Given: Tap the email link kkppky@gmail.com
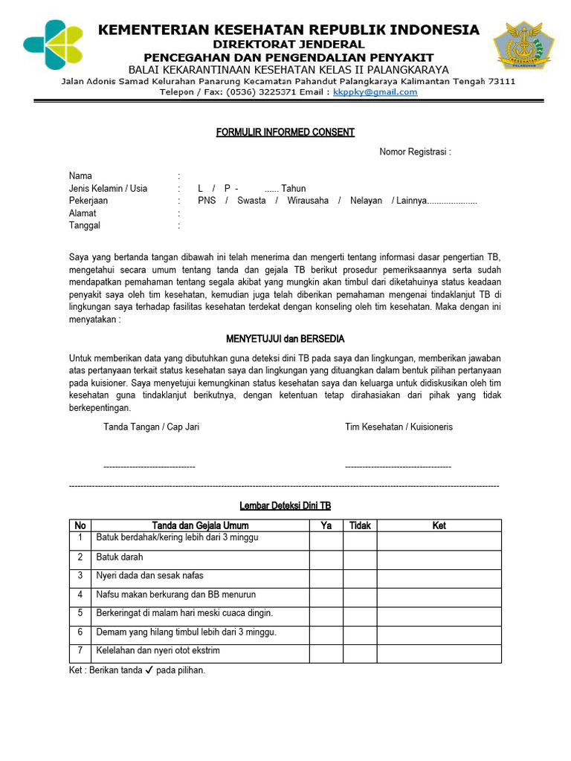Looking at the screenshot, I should click(x=375, y=92).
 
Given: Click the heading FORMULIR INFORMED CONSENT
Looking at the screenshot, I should click(x=285, y=132).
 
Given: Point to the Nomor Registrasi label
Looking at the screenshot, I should click(x=415, y=152).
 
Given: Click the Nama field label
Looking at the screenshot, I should click(x=80, y=176).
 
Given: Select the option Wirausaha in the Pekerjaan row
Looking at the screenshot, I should click(x=308, y=201).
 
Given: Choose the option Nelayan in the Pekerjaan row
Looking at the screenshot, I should click(x=366, y=201).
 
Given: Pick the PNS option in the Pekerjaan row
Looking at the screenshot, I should click(x=207, y=201).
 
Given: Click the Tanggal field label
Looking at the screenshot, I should click(x=85, y=226).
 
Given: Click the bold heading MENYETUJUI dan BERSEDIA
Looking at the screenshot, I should click(x=285, y=339).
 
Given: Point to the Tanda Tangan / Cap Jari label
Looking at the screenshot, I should click(x=151, y=427).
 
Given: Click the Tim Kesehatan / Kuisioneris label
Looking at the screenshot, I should click(x=399, y=427).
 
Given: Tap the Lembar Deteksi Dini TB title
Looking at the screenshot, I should click(x=285, y=506).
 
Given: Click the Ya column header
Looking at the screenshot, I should click(x=326, y=525).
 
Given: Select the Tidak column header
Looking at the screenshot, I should click(x=360, y=525).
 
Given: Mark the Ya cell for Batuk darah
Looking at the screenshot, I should click(x=326, y=559).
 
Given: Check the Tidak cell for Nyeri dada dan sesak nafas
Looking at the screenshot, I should click(x=360, y=577).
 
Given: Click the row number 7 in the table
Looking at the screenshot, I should click(x=80, y=652).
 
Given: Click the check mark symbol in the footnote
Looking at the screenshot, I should click(x=149, y=670).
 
